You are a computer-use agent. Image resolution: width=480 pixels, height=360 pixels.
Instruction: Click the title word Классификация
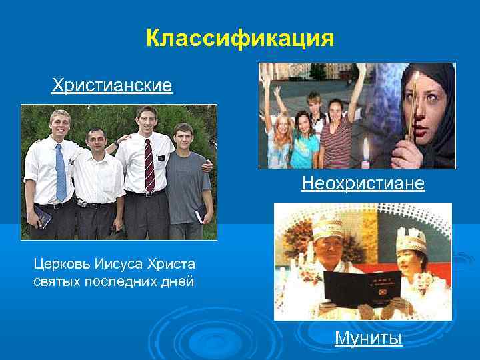tap(240, 39)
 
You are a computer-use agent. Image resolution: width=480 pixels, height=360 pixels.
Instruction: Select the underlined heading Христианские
tap(112, 85)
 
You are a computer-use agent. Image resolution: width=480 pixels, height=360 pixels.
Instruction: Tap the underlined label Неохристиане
tap(363, 183)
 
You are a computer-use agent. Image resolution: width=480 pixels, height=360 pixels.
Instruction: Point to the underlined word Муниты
tap(369, 339)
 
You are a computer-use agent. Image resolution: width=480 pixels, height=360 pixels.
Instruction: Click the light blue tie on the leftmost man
tap(61, 172)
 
